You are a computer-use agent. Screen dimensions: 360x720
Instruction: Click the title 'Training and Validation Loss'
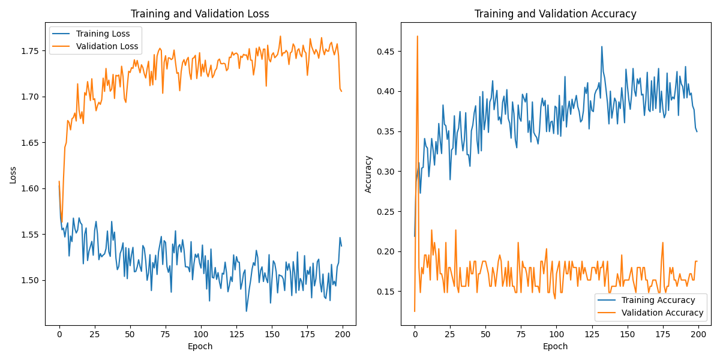click(200, 14)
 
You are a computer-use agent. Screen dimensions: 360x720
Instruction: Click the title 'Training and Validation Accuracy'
click(556, 14)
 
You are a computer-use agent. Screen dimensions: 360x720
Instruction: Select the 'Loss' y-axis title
click(13, 175)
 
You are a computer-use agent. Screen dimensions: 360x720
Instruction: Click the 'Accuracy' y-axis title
click(368, 175)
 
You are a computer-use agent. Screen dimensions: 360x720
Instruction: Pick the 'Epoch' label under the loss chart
click(200, 346)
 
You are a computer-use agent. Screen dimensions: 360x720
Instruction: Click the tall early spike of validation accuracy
click(417, 37)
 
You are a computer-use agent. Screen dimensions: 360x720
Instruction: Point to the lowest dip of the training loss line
click(246, 311)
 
